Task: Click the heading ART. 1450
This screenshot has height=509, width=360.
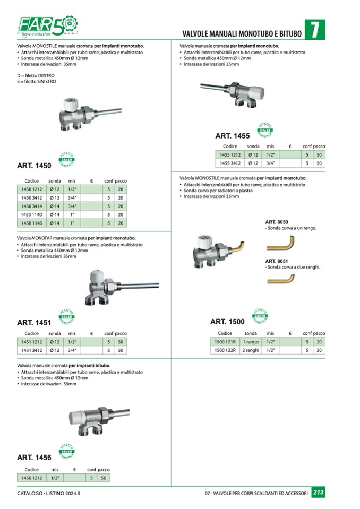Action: [34, 166]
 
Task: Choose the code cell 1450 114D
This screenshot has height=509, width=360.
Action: [31, 215]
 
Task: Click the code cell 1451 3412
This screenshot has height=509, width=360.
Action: [31, 351]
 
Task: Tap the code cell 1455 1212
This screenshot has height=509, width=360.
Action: [230, 155]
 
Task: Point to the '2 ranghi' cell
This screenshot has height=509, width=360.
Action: [250, 350]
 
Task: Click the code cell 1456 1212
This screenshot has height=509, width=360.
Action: [31, 478]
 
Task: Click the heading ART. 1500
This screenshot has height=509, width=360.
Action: [227, 322]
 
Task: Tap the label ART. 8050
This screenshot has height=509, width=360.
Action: [276, 222]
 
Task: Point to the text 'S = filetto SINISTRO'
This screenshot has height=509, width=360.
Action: [36, 82]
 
